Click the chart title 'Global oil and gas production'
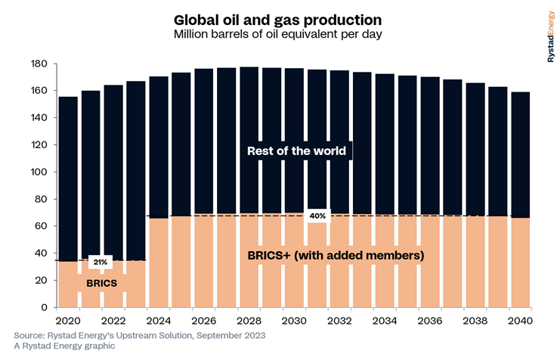point(278,20)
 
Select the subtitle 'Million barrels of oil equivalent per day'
point(278,35)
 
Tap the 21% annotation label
point(101,262)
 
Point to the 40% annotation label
point(317,216)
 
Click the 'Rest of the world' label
point(296,151)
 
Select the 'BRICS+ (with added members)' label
point(336,255)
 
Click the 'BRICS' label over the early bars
point(101,284)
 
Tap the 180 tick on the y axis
point(39,64)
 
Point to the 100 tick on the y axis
point(39,172)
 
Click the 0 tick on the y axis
point(44,307)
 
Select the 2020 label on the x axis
point(68,321)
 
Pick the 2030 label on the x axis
point(294,321)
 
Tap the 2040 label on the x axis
point(520,321)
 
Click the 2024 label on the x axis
point(159,321)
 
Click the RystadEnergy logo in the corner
point(550,36)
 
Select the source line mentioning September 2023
point(140,336)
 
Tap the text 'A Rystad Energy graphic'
point(64,346)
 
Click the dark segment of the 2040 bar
point(521,155)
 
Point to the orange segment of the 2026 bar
point(203,261)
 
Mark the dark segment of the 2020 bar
point(68,179)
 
